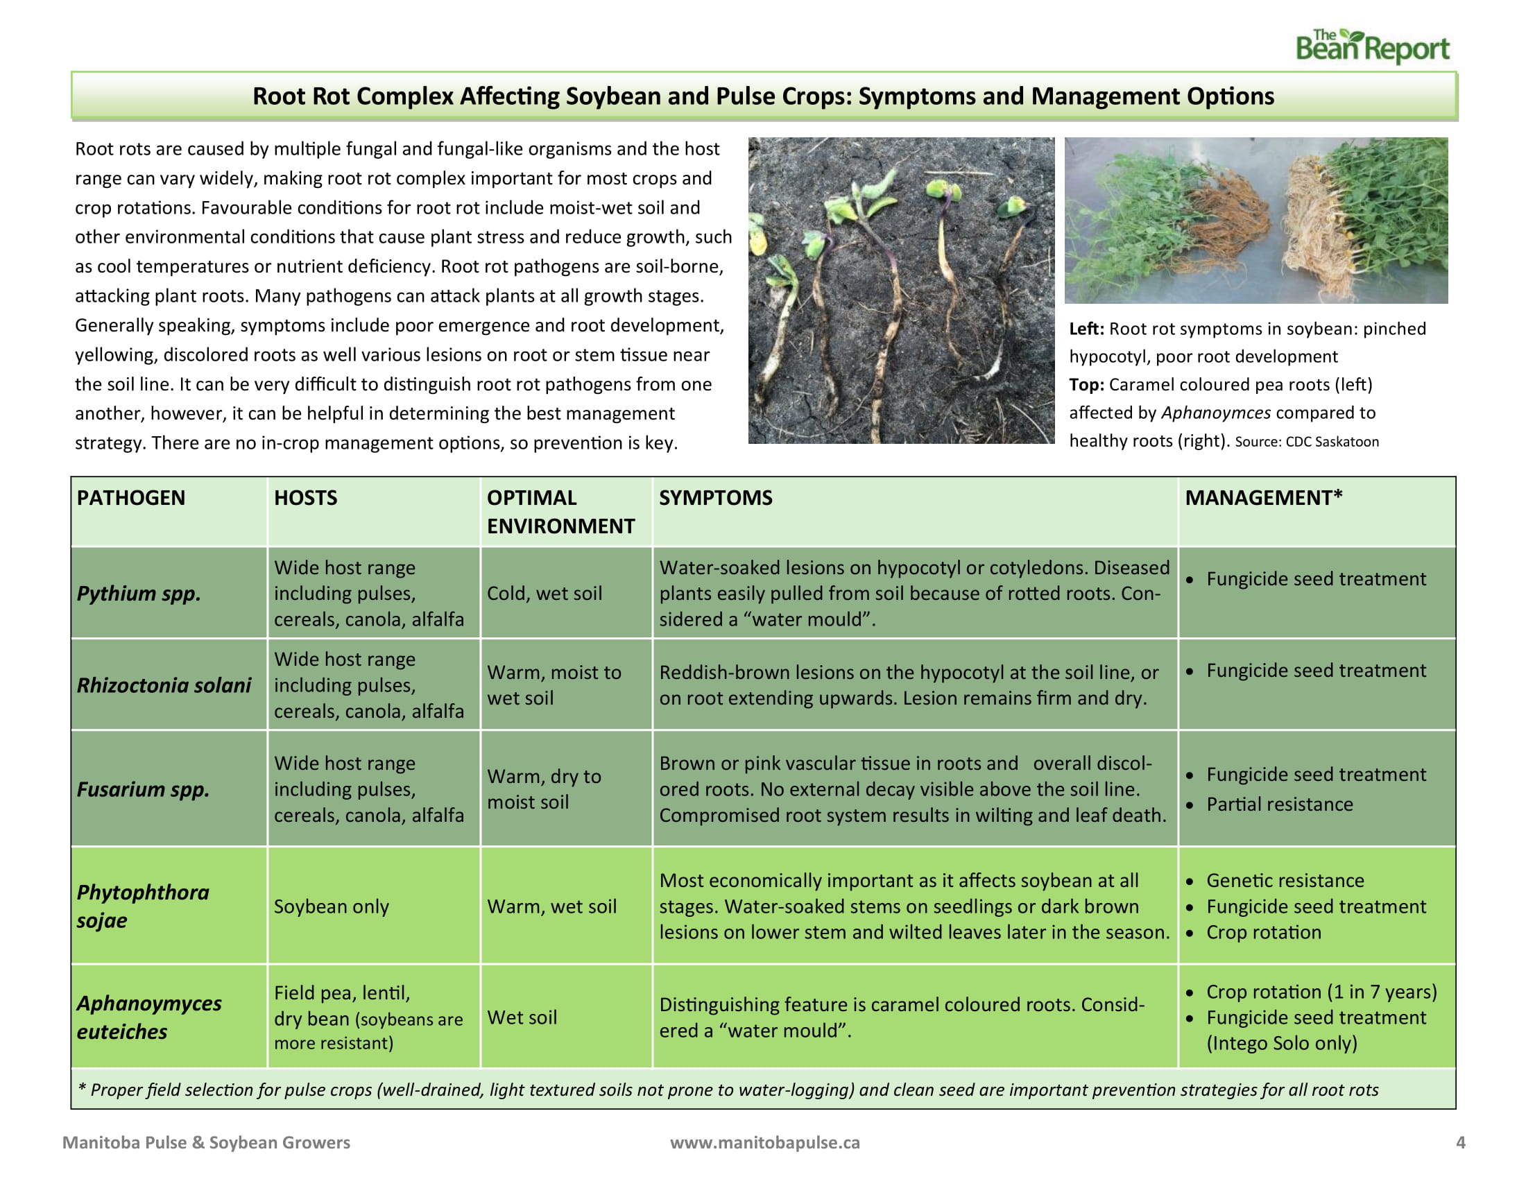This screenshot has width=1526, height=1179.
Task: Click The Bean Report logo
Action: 1371,46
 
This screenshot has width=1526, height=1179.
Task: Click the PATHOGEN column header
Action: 130,497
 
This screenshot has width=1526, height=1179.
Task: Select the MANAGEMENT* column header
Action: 1263,497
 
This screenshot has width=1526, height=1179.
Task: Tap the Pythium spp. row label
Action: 138,593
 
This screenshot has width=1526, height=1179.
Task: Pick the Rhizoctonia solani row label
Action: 164,685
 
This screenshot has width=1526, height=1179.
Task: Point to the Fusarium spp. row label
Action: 142,789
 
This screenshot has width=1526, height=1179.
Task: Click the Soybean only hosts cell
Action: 331,906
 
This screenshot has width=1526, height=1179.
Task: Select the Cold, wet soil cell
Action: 545,593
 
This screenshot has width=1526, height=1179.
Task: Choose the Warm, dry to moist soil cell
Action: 544,789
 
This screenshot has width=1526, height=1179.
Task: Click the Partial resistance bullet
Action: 1279,804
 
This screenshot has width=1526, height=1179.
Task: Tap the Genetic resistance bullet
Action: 1285,880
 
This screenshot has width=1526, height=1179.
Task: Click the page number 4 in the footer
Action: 1460,1142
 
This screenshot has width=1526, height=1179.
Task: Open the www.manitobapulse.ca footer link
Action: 764,1142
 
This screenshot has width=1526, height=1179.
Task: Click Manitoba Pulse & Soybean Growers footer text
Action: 206,1142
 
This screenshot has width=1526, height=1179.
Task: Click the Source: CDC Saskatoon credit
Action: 1307,441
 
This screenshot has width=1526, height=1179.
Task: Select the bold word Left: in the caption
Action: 1086,328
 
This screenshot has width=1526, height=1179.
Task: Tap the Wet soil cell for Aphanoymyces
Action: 522,1017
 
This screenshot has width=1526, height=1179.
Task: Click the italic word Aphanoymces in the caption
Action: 1216,413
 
